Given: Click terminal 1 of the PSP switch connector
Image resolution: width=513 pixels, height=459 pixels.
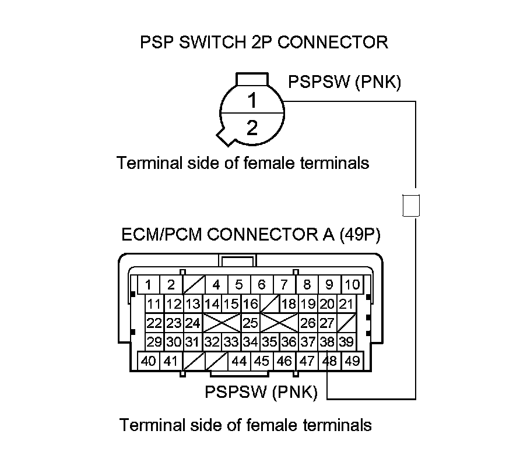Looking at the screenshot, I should [x=252, y=101].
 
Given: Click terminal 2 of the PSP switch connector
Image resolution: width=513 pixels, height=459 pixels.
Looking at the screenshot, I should [x=252, y=128].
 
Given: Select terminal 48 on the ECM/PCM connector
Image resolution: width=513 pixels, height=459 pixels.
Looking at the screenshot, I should [x=330, y=361].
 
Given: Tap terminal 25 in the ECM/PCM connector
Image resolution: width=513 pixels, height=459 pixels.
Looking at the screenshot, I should [x=251, y=323].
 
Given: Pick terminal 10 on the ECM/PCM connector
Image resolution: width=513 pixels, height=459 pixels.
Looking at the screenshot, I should [x=352, y=285].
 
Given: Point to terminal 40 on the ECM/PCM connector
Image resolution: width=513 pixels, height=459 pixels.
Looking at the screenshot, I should [x=149, y=361].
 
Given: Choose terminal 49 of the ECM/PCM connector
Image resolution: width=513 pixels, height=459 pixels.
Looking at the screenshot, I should [x=352, y=361].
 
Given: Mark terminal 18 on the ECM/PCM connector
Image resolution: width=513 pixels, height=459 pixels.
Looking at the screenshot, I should [x=290, y=303].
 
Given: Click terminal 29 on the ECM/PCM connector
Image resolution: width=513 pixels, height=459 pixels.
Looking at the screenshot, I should [x=154, y=342].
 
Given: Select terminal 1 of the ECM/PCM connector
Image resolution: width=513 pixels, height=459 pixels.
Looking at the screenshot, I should [x=149, y=285].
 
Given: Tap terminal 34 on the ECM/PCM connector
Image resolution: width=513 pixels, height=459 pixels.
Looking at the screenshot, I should [x=251, y=342].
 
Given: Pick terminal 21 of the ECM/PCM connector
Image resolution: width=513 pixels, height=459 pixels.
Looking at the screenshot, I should [x=346, y=303].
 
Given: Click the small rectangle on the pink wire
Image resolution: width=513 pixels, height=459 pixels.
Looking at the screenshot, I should [x=412, y=205].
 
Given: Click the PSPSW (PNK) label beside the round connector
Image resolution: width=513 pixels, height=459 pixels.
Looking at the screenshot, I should [x=345, y=82].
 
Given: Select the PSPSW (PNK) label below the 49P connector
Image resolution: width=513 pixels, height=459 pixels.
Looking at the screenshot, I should [x=261, y=392].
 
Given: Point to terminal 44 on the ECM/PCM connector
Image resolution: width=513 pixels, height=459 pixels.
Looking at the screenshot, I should [x=240, y=361].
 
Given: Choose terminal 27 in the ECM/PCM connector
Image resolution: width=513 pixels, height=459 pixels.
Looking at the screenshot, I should [x=327, y=323].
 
